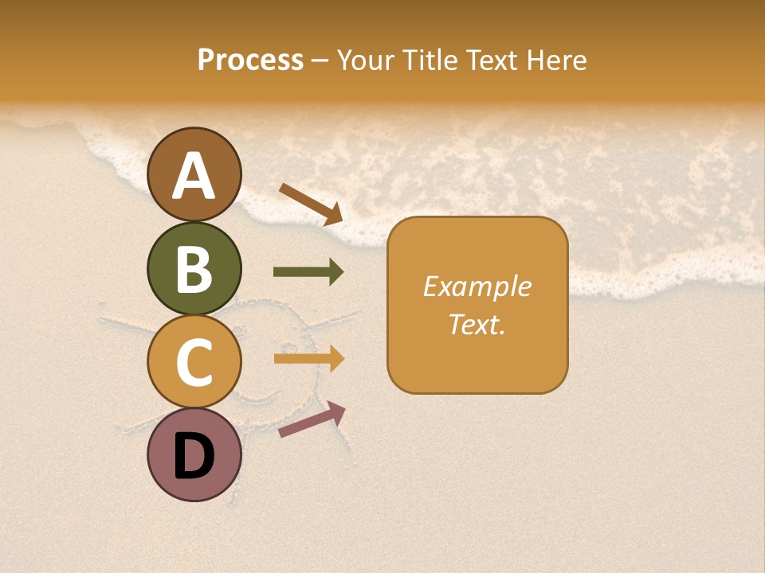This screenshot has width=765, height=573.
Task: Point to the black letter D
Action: pos(194,458)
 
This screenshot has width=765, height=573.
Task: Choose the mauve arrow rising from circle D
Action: pos(312,419)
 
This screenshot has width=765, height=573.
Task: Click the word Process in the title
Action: pos(250,60)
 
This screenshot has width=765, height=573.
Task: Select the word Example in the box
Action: pos(477,286)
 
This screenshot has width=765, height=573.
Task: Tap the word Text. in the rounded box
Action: pos(477,324)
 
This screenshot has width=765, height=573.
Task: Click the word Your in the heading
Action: pos(364,60)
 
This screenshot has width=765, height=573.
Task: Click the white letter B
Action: pos(194,270)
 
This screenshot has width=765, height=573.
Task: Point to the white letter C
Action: pos(194,362)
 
